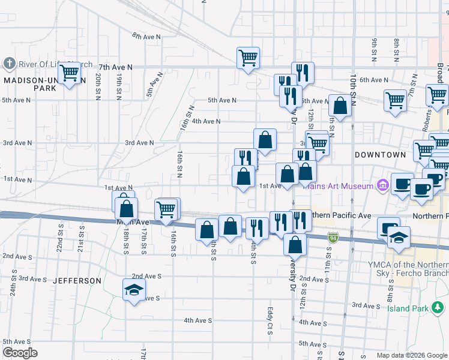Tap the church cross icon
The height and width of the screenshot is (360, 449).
(9, 63)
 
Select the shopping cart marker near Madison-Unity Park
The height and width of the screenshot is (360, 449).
(70, 73)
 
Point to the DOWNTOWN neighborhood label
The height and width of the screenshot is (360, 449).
(380, 155)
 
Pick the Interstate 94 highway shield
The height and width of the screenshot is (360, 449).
(333, 238)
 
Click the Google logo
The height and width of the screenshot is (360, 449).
(20, 353)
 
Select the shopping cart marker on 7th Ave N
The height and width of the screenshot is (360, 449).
(248, 58)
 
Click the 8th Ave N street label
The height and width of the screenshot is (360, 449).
(147, 37)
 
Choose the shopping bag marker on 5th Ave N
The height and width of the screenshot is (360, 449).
(340, 106)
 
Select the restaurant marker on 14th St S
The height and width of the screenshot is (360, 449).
(257, 228)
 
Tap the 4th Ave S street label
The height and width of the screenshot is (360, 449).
(197, 320)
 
